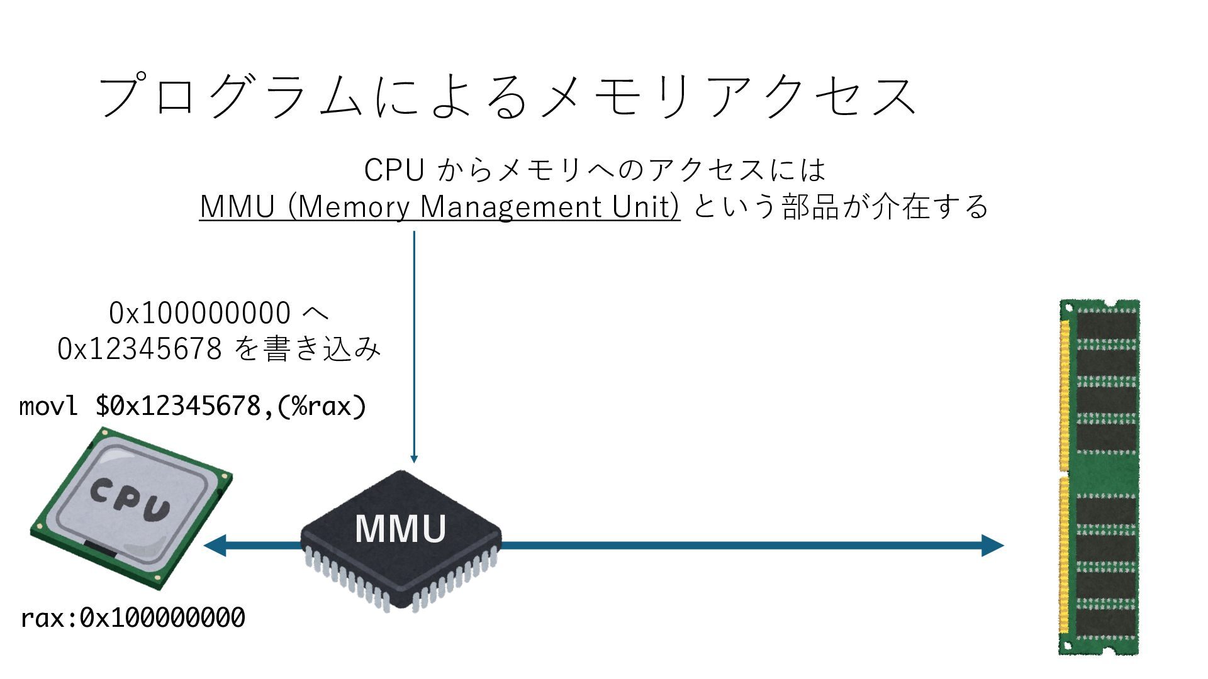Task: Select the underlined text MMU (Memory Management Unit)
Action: click(x=439, y=207)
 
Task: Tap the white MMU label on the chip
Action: click(x=400, y=529)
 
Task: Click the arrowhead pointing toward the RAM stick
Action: click(x=992, y=545)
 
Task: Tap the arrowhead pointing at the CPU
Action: click(x=215, y=545)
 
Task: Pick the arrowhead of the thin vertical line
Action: click(x=414, y=458)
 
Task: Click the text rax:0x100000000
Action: click(x=133, y=618)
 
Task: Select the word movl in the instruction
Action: click(x=48, y=406)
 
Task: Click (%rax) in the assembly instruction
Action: click(x=321, y=406)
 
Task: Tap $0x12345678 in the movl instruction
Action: click(x=178, y=406)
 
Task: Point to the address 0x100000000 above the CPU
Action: click(x=199, y=313)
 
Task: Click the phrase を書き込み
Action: click(x=308, y=348)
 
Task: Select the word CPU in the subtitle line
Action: click(x=394, y=170)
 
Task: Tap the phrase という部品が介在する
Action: click(x=840, y=207)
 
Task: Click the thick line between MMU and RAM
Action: click(x=742, y=545)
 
